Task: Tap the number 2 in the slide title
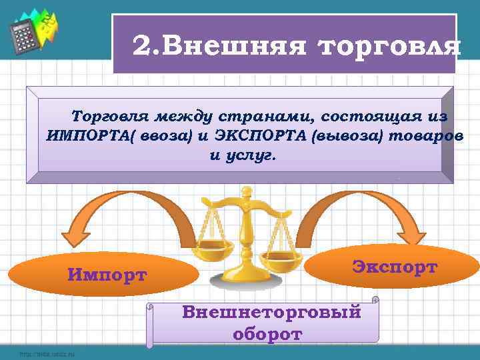(142, 46)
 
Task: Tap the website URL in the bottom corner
(47, 353)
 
